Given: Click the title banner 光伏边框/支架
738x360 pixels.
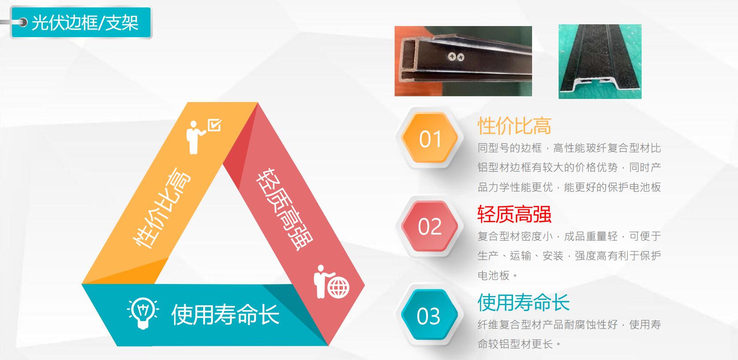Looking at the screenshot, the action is pyautogui.click(x=81, y=23).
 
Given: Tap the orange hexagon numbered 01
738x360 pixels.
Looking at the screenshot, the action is pyautogui.click(x=429, y=138).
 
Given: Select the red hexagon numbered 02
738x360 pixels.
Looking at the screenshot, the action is pyautogui.click(x=429, y=226).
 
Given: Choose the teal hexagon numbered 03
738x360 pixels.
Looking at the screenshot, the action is pyautogui.click(x=429, y=315).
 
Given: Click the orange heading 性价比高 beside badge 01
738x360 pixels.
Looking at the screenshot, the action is pyautogui.click(x=514, y=126).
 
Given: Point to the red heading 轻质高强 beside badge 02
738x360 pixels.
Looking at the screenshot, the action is pyautogui.click(x=514, y=214).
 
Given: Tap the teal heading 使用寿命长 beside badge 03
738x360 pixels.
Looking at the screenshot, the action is pyautogui.click(x=524, y=303).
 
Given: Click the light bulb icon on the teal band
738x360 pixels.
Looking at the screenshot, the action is pyautogui.click(x=143, y=313).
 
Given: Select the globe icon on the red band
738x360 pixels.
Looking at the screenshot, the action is pyautogui.click(x=339, y=288).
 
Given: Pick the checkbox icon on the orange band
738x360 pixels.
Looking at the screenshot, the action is pyautogui.click(x=214, y=125).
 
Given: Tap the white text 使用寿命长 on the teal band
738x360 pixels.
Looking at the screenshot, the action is pyautogui.click(x=225, y=315).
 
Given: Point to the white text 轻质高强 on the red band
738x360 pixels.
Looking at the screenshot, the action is pyautogui.click(x=285, y=209).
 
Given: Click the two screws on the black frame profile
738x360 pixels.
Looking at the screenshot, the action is pyautogui.click(x=456, y=57).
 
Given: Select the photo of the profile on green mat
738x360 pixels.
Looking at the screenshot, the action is pyautogui.click(x=600, y=61).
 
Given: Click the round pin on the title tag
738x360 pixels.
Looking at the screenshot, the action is pyautogui.click(x=23, y=23).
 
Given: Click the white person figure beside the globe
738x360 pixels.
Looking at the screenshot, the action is pyautogui.click(x=321, y=282).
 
